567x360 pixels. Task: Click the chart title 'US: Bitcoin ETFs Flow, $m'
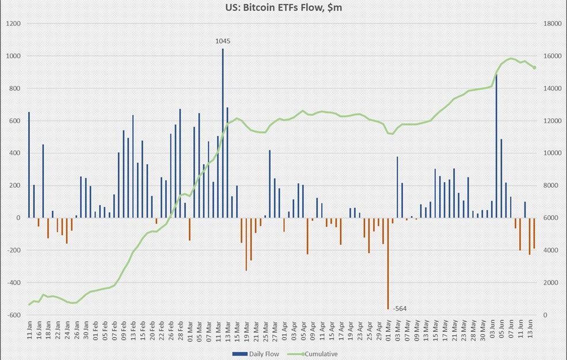click(284, 9)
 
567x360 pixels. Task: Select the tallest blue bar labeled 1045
click(223, 133)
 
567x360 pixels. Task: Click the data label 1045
click(223, 41)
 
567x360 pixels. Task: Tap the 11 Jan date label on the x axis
click(29, 333)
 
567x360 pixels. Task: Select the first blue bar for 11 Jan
click(29, 165)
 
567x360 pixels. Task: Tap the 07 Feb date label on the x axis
click(115, 333)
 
